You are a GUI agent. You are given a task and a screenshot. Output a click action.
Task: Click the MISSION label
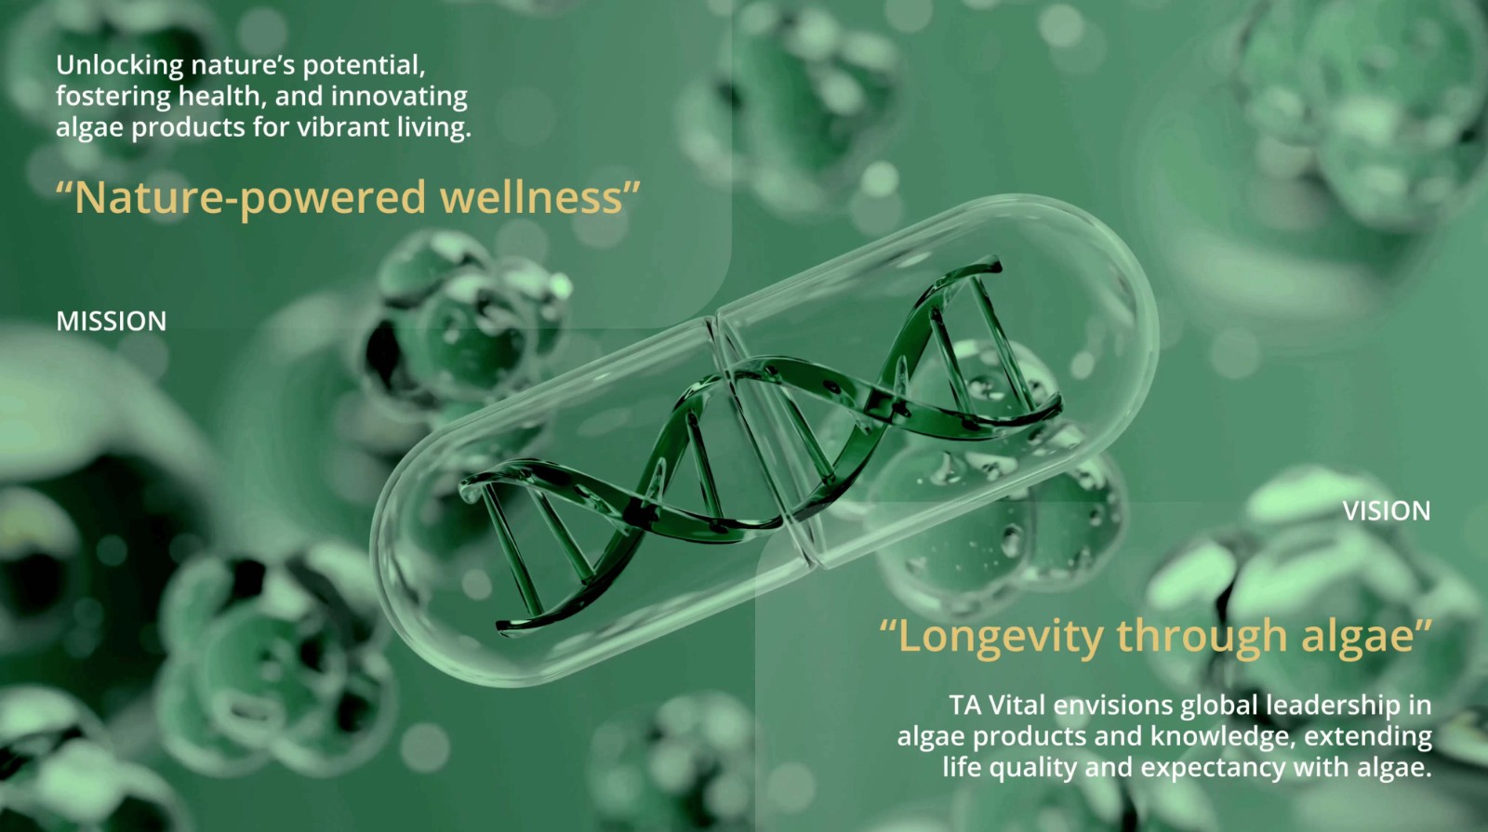(111, 322)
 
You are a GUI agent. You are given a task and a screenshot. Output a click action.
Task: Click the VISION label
(1387, 511)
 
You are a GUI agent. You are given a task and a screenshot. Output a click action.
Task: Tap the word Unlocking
(120, 66)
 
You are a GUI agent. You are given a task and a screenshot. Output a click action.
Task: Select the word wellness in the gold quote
(531, 197)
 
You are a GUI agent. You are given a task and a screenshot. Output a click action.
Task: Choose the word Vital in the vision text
(1017, 706)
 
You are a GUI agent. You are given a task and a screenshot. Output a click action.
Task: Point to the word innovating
(399, 98)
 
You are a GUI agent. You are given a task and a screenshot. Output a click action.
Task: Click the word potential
(364, 66)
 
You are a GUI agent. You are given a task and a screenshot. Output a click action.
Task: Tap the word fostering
(113, 98)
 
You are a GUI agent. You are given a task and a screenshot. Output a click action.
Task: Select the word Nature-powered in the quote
(249, 199)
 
